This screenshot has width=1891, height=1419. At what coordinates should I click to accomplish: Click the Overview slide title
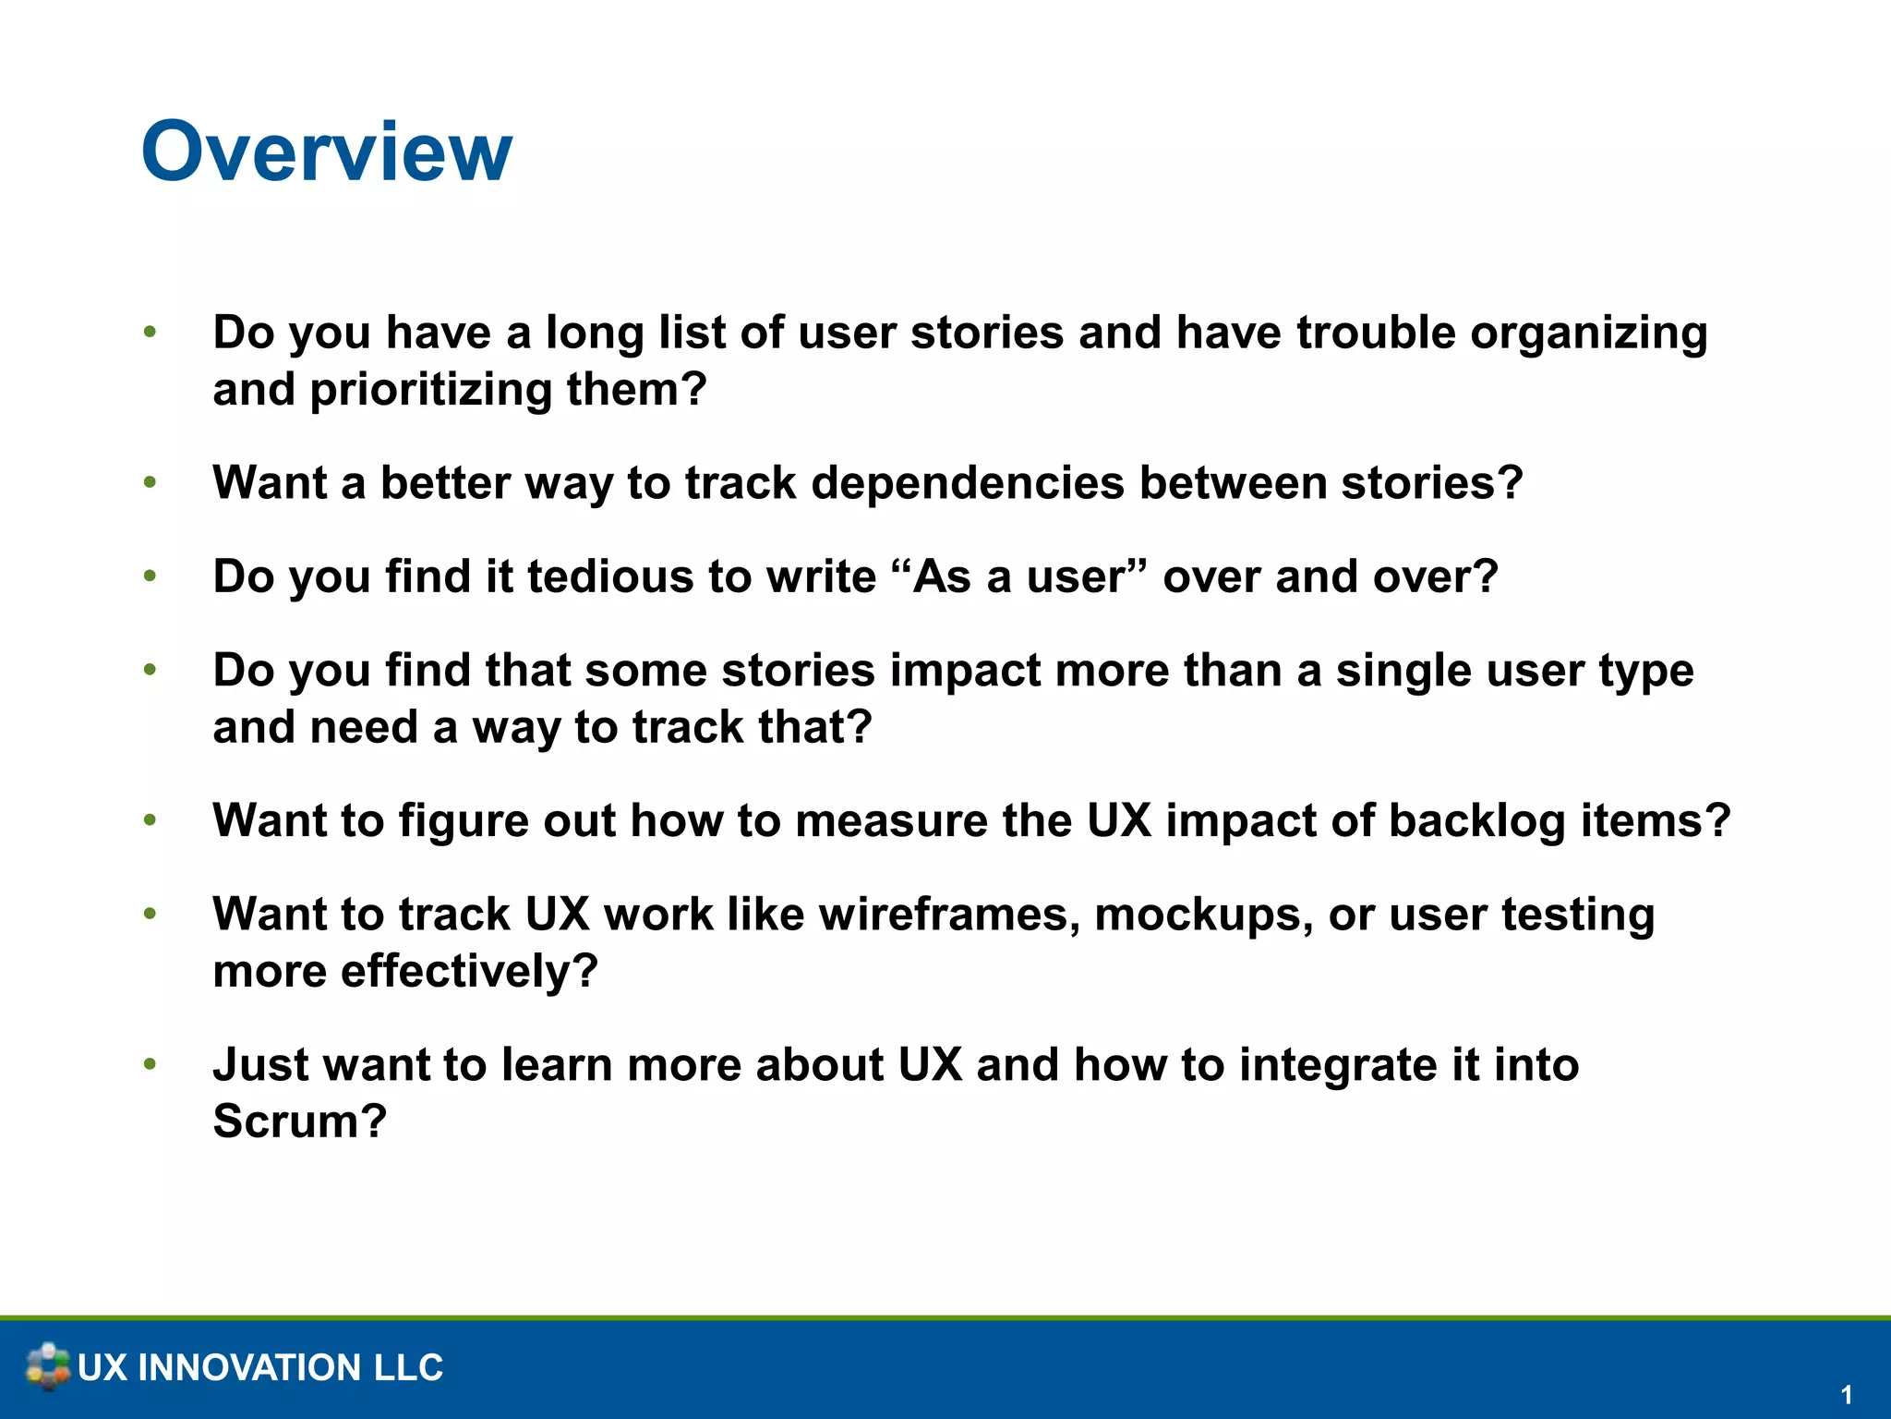[326, 152]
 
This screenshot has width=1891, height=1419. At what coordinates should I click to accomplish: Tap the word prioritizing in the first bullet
[430, 391]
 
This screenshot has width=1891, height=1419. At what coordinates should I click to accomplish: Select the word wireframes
[949, 915]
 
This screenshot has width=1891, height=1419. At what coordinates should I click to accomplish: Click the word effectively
[469, 972]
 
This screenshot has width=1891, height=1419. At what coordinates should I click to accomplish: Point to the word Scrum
[298, 1122]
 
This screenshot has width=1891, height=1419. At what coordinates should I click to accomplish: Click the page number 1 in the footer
[1846, 1394]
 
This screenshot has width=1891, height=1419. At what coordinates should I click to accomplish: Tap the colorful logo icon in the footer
[48, 1366]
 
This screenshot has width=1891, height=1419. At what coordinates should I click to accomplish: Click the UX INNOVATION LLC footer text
[260, 1367]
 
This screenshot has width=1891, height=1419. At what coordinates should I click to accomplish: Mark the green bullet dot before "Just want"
[150, 1064]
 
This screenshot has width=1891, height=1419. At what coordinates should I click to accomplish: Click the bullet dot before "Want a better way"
[150, 482]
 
